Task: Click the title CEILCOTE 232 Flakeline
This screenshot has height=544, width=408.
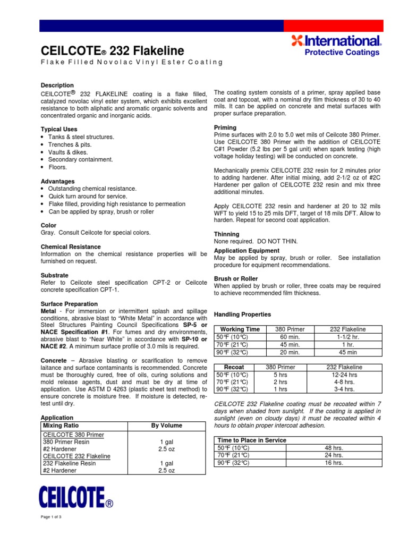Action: click(x=113, y=50)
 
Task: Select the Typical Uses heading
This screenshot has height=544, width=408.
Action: click(x=59, y=129)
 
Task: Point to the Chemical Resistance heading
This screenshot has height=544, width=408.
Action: click(x=71, y=247)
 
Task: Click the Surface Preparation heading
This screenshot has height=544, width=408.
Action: click(x=69, y=303)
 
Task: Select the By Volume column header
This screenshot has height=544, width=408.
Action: click(x=166, y=426)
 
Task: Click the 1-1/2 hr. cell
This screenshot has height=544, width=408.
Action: click(x=349, y=337)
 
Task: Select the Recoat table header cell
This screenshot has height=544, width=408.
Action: click(x=234, y=367)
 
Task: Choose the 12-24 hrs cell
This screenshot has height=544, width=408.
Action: click(x=344, y=375)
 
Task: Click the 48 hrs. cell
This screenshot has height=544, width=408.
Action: click(x=334, y=448)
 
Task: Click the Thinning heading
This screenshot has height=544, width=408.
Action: click(x=226, y=234)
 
